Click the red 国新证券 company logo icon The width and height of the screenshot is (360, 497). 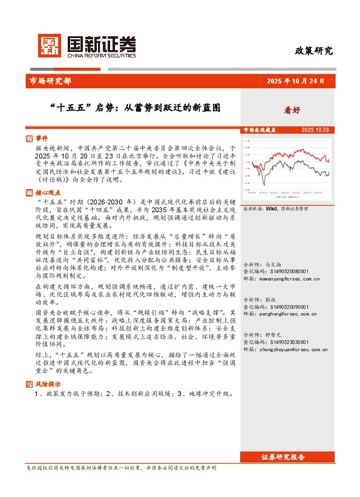click(50, 45)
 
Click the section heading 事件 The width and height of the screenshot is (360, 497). click(41, 138)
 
